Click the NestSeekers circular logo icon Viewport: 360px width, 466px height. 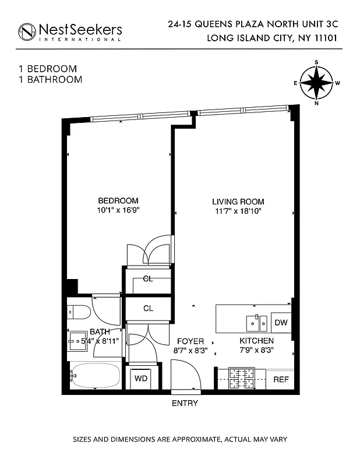(x=27, y=32)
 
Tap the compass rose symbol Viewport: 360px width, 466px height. (x=317, y=83)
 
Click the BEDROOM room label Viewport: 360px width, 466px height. (x=118, y=200)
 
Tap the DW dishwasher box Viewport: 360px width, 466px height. (x=281, y=323)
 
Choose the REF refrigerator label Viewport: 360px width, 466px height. (x=281, y=379)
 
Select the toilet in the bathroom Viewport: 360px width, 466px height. (x=79, y=312)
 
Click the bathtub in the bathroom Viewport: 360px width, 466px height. (x=95, y=377)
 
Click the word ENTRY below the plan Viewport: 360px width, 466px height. (x=185, y=403)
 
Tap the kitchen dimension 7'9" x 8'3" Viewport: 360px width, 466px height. (x=257, y=350)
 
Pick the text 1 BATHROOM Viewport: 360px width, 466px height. (x=50, y=79)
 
